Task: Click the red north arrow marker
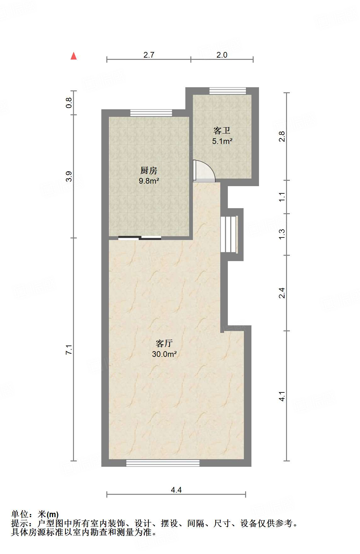(74, 56)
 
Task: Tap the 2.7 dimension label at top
(149, 55)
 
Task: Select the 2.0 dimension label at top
(222, 55)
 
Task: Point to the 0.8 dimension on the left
(69, 103)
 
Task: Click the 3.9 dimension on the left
(69, 176)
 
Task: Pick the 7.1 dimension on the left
(69, 350)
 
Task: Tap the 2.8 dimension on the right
(282, 136)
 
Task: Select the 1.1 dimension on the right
(282, 197)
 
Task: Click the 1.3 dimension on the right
(282, 234)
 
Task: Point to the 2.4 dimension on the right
(282, 293)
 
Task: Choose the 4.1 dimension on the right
(282, 396)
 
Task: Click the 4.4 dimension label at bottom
(176, 490)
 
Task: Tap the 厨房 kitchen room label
(149, 171)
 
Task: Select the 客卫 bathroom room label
(222, 130)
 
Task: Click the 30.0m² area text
(164, 354)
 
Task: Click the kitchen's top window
(151, 113)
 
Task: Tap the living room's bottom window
(163, 463)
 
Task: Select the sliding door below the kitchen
(140, 238)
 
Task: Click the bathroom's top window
(228, 91)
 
